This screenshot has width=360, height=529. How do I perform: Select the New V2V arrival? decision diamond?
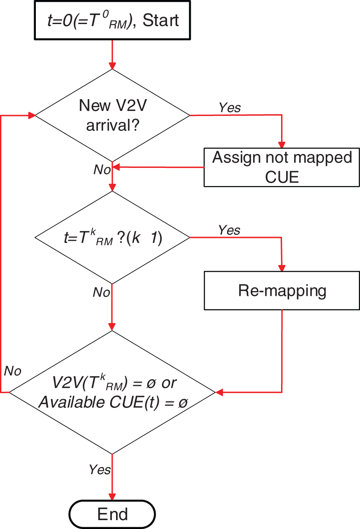click(112, 115)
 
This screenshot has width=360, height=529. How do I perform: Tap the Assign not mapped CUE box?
click(282, 167)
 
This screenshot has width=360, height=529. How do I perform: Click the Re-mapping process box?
click(282, 291)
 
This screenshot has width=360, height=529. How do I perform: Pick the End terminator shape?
click(112, 514)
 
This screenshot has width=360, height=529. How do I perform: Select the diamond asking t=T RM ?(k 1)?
click(112, 238)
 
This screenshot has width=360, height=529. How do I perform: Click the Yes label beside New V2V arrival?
click(230, 108)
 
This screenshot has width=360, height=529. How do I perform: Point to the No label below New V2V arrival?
click(102, 170)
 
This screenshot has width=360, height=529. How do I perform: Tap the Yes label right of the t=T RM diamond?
click(229, 230)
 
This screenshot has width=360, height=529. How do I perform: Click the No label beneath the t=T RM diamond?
click(102, 292)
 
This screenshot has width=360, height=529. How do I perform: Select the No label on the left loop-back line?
click(13, 371)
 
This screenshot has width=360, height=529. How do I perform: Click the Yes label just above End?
click(100, 470)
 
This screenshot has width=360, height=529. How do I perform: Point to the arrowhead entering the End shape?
click(112, 496)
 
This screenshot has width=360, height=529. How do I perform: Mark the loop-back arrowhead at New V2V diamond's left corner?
click(31, 115)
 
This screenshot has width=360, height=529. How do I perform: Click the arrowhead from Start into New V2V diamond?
click(112, 65)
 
